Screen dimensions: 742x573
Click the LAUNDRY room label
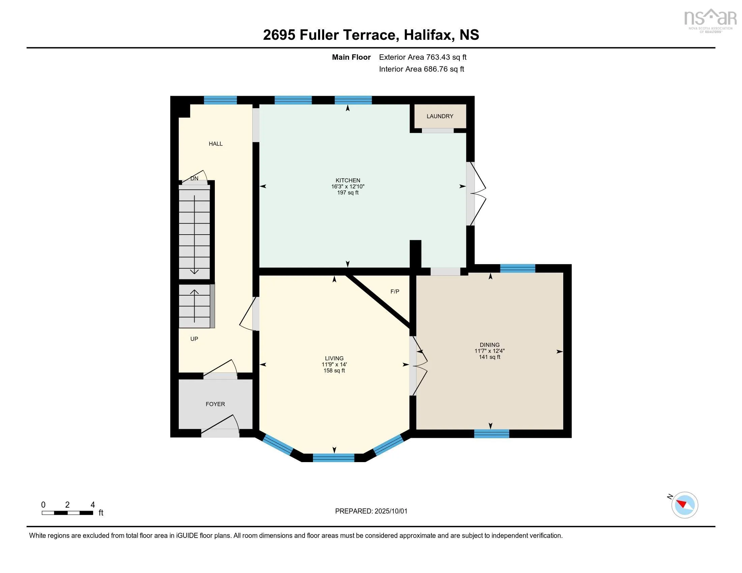(x=439, y=116)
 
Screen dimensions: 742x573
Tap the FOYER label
(x=215, y=404)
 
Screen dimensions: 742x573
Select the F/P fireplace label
(x=395, y=291)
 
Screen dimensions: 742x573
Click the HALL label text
(x=216, y=144)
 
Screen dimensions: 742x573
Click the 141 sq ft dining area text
(x=490, y=357)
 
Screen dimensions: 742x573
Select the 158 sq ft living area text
(x=334, y=370)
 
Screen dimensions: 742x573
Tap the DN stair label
(x=194, y=178)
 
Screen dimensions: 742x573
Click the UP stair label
(x=194, y=339)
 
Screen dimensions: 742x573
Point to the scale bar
(x=67, y=513)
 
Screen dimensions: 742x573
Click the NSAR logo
(x=710, y=20)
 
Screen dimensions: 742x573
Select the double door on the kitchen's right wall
(x=476, y=193)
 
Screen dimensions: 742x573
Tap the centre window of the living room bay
(x=333, y=458)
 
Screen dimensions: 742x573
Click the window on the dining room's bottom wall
(x=492, y=433)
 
